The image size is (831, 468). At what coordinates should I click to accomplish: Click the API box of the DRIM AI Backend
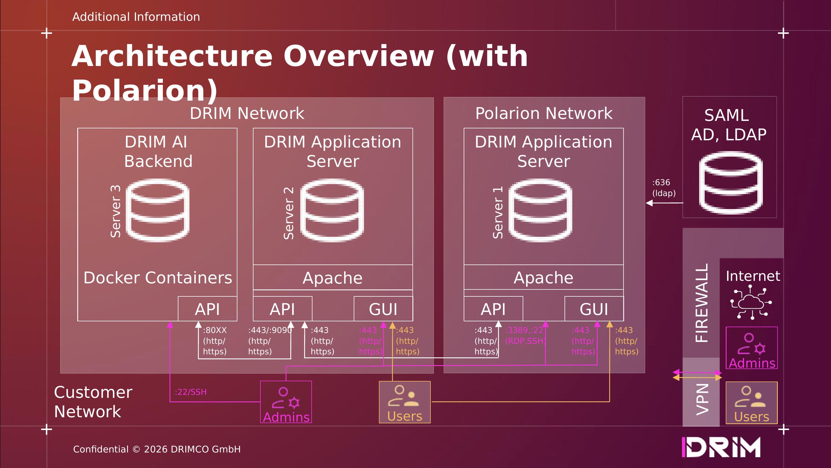(x=207, y=309)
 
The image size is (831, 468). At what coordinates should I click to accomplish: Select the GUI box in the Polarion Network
(x=594, y=309)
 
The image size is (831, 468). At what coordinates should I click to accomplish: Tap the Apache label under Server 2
(x=333, y=278)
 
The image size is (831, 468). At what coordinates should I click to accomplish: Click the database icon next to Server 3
(x=157, y=210)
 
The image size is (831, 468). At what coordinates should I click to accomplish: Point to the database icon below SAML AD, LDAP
(x=731, y=183)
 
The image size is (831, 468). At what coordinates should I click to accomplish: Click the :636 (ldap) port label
(x=664, y=188)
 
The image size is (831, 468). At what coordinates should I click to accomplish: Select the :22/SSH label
(x=191, y=392)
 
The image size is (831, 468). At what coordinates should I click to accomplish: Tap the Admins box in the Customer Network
(x=286, y=402)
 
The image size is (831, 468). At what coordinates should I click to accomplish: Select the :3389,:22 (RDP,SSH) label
(x=525, y=335)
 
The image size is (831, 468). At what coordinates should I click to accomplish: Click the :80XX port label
(x=215, y=330)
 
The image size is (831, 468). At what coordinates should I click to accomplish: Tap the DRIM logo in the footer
(x=721, y=447)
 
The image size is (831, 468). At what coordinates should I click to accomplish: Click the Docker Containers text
(x=158, y=278)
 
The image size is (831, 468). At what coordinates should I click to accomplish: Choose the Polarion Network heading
(x=544, y=113)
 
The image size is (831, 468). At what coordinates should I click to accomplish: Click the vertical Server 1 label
(x=498, y=213)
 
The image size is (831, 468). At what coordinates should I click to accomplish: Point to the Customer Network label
(x=93, y=402)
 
